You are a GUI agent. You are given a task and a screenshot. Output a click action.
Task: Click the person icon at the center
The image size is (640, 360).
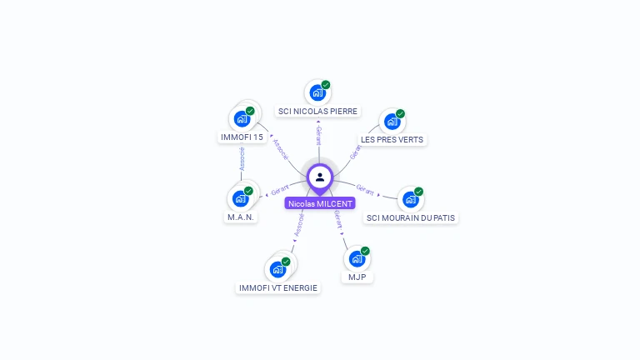coord(320,177)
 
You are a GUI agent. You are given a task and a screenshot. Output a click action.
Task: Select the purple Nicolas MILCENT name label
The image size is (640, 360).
coord(320,203)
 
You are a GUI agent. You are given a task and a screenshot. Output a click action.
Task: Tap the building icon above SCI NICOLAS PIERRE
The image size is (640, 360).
coord(316,92)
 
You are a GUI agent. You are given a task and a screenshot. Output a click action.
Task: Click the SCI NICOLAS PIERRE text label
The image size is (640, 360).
coord(317,111)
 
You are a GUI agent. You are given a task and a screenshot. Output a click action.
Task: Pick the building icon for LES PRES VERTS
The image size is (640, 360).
coord(391,122)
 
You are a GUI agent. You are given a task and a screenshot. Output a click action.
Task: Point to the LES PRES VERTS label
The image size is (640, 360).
coord(392,139)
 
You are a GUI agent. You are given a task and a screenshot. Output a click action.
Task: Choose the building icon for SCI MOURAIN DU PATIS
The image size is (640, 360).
coord(409,199)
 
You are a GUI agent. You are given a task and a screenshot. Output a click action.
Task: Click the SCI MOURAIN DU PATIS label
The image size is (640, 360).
coord(412,217)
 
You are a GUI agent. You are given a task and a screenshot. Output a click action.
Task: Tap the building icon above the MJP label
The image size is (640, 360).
coord(356,258)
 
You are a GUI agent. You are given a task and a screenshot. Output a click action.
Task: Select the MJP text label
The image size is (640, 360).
coord(357,277)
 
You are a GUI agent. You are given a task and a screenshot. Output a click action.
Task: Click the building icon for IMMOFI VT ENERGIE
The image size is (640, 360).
coord(277,269)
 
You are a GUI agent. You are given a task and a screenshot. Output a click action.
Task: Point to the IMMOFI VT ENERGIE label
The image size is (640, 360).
coord(278,288)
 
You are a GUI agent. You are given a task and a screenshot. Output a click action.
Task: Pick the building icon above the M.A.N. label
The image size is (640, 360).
coord(240,198)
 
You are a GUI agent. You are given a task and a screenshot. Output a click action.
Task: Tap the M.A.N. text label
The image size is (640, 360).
coord(241,217)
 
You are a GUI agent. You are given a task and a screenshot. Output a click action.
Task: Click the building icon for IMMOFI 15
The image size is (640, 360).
coord(242,118)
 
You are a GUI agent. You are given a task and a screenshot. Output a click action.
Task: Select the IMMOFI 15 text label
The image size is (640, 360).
coord(242,137)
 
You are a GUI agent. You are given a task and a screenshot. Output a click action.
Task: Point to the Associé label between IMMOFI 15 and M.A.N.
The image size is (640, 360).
coord(242,160)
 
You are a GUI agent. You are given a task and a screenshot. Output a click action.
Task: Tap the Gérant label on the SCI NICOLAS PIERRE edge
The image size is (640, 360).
coord(318,136)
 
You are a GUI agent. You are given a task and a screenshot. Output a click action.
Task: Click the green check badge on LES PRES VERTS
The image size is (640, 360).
coord(400,113)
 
